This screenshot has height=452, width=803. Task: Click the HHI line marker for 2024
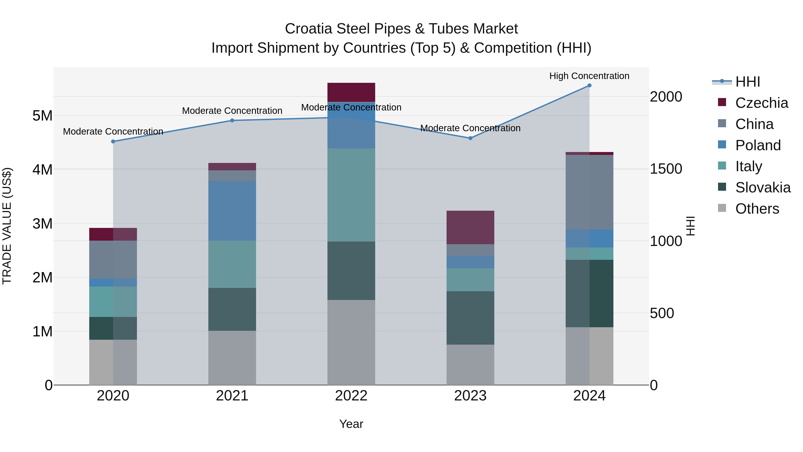click(589, 85)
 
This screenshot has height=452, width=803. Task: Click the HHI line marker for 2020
click(113, 141)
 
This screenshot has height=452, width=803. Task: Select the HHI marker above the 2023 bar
click(470, 138)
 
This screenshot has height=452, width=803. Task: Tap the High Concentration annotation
click(589, 76)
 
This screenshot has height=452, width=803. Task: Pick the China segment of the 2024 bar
click(589, 192)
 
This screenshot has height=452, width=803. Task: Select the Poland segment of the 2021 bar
click(232, 210)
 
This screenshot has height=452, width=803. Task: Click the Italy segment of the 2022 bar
click(351, 195)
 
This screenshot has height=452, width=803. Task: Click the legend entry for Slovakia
click(762, 187)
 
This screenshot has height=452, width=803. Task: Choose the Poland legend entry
click(757, 145)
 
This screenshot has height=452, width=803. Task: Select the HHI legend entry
click(747, 82)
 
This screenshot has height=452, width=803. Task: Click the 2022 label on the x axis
click(351, 396)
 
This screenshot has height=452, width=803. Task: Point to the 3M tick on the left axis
click(42, 223)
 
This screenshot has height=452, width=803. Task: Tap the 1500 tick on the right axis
click(666, 169)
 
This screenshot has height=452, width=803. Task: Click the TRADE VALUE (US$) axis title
click(7, 226)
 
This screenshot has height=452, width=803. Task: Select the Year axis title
click(351, 424)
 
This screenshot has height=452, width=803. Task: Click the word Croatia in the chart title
click(309, 29)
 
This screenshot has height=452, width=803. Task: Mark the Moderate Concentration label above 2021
click(232, 111)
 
